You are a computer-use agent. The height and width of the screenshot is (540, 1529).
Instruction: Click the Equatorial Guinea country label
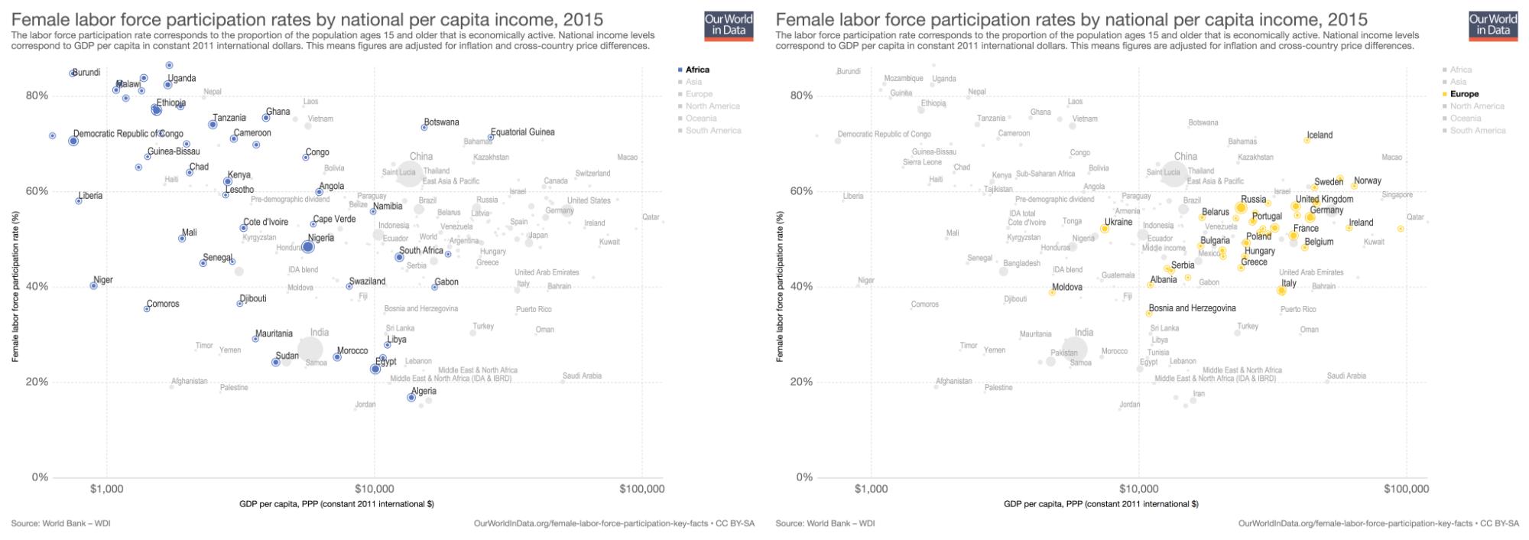522,132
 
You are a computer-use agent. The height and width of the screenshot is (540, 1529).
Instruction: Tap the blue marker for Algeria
411,398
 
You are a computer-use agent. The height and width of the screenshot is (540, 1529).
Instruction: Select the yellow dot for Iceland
1307,140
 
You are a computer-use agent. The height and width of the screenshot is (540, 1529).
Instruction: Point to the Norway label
1367,181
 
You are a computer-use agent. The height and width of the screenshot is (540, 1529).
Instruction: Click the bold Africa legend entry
697,70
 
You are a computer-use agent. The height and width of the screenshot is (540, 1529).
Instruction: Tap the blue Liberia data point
79,200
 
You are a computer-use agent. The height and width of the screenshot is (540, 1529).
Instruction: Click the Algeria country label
424,392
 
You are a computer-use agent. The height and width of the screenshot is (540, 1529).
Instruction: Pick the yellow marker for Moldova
1052,292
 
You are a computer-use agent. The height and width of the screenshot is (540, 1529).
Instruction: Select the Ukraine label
1118,222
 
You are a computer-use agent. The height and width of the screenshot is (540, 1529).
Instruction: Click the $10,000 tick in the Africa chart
374,489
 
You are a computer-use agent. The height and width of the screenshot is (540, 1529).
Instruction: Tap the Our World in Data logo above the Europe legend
1492,25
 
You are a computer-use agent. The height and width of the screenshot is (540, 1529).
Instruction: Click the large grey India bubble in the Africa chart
310,350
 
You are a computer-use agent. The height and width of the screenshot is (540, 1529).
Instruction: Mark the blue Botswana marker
424,127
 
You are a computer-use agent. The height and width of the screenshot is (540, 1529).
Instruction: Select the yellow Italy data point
1281,291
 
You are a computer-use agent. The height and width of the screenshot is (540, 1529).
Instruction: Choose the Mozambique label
903,79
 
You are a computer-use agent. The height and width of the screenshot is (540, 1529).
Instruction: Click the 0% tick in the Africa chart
39,477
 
